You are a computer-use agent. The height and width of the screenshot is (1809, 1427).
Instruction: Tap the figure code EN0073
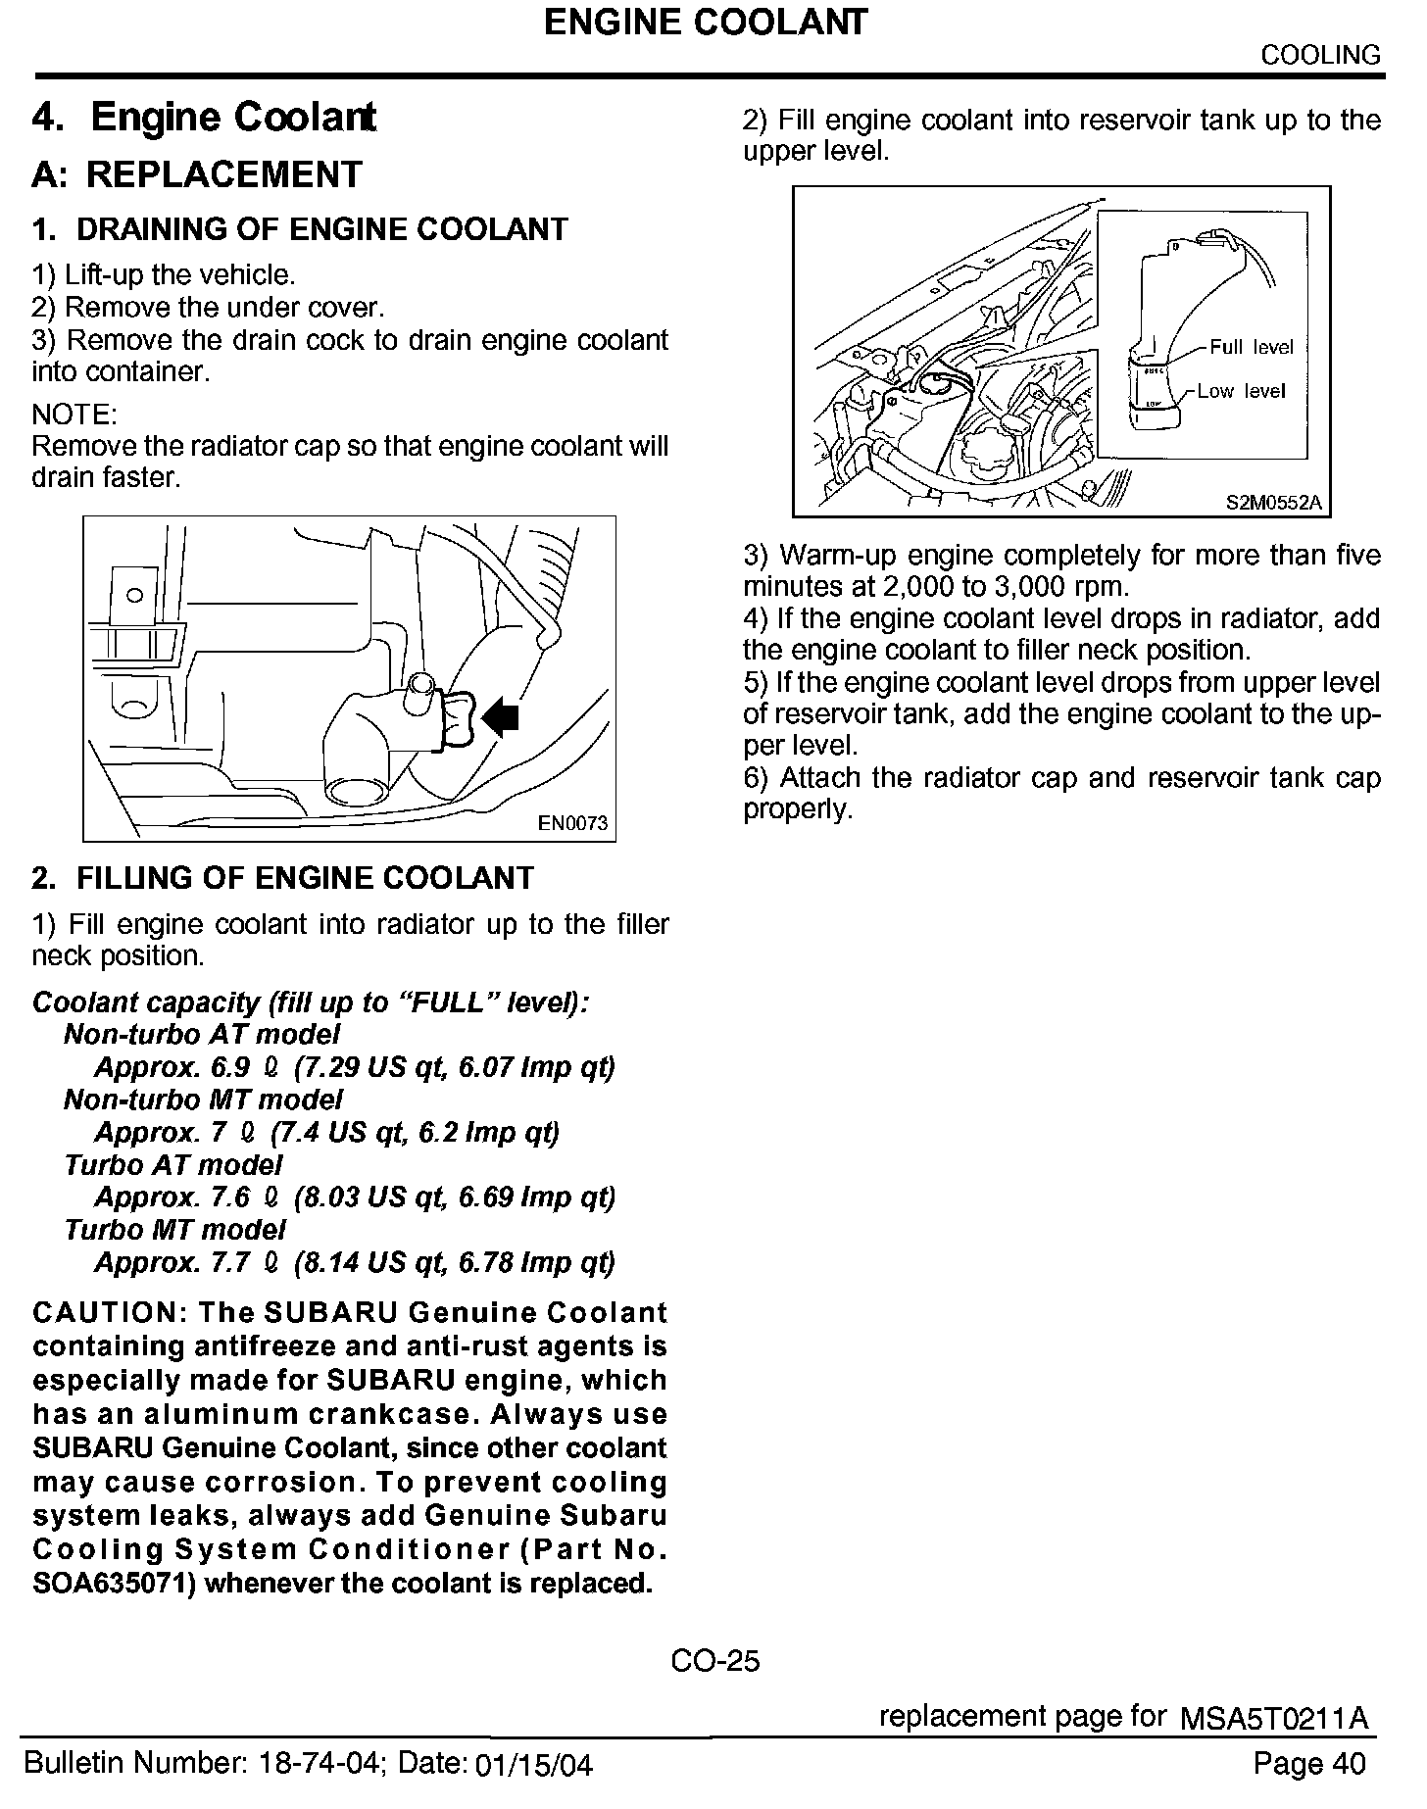[x=573, y=823]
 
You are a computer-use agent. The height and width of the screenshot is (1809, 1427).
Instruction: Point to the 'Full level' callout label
[x=1252, y=347]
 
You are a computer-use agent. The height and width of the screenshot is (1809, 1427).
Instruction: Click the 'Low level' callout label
[x=1240, y=391]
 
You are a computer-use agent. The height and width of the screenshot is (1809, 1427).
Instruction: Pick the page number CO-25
[x=714, y=1660]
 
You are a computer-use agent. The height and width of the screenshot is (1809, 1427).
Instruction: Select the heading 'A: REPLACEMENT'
[x=197, y=174]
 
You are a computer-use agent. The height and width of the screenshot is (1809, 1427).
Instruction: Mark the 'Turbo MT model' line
[x=175, y=1229]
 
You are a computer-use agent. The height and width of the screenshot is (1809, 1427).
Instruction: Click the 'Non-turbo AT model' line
[x=202, y=1034]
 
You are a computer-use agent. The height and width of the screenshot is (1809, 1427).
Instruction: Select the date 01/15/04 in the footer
[x=533, y=1766]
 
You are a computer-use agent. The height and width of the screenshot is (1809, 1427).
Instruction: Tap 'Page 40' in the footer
[x=1308, y=1764]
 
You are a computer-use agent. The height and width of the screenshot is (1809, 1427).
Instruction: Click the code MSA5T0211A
[x=1274, y=1719]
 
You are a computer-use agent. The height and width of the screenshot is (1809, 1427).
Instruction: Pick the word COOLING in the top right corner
[x=1320, y=55]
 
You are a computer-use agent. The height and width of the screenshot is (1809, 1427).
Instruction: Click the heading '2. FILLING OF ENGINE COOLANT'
[x=282, y=877]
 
